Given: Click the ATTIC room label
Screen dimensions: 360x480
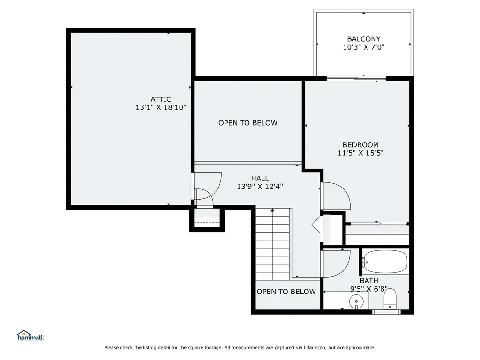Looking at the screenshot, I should [x=161, y=99].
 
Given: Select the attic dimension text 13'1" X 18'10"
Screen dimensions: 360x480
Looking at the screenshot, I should [x=161, y=107].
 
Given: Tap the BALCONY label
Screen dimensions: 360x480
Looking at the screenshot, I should [x=363, y=39].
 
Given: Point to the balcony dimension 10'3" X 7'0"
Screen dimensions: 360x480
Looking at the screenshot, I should [x=363, y=47].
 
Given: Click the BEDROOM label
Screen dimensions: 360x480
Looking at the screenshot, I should [x=360, y=145].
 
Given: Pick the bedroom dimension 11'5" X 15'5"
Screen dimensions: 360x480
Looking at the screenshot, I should [x=360, y=153].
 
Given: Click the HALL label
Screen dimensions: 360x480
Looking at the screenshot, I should [x=260, y=178].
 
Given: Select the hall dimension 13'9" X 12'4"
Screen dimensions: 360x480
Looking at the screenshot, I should [x=260, y=186].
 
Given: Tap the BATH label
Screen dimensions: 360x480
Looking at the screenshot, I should [x=369, y=281].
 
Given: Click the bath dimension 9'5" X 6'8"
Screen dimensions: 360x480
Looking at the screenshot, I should [x=369, y=289].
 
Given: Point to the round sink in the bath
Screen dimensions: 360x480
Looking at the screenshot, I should [x=356, y=301].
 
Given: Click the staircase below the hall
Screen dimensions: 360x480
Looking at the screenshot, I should [x=272, y=244].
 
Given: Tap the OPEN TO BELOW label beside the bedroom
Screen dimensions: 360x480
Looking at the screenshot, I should [x=247, y=123].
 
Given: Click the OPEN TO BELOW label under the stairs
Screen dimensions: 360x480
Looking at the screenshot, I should [x=286, y=292].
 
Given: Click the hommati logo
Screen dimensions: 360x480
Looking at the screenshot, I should [x=30, y=336].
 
